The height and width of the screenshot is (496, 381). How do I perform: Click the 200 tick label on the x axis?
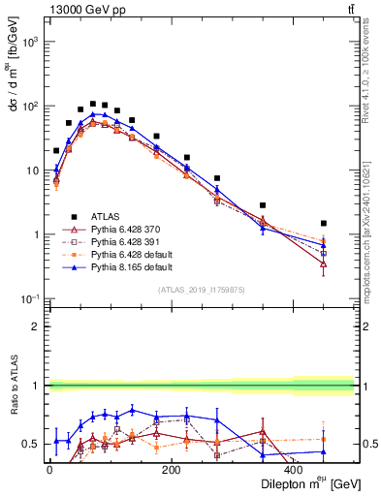point(171,470)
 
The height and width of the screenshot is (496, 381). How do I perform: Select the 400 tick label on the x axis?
point(294,470)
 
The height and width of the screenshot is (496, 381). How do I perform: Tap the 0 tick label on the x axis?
point(49,470)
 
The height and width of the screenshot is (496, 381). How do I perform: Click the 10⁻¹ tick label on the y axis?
point(29,298)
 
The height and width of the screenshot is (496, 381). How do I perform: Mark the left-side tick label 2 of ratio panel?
point(36,326)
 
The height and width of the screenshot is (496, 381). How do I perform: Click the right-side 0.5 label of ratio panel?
point(368,445)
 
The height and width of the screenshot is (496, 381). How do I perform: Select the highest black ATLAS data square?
point(93,104)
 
